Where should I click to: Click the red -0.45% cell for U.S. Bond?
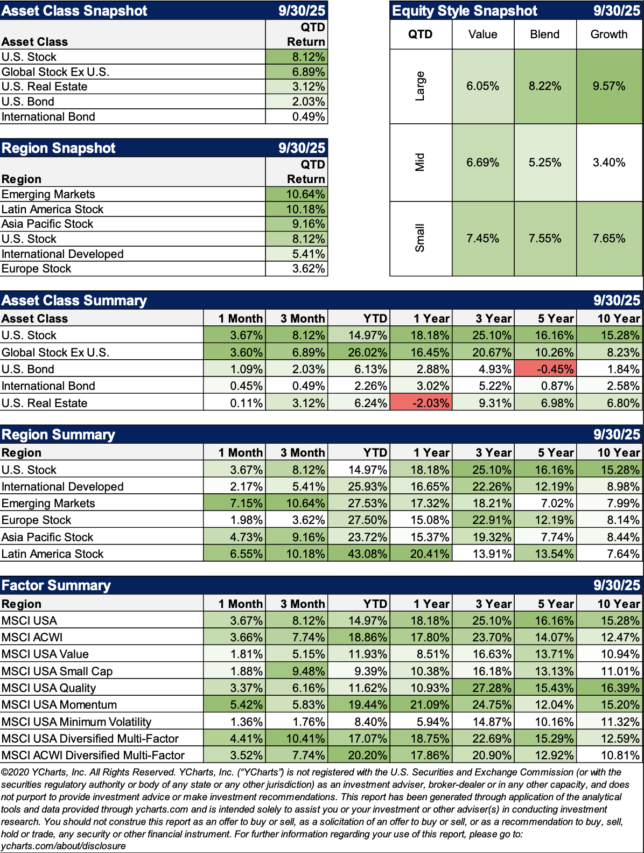(x=545, y=369)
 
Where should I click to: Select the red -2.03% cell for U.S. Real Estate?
(x=421, y=403)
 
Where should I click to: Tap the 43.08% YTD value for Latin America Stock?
(x=359, y=554)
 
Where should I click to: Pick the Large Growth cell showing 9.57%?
(x=609, y=86)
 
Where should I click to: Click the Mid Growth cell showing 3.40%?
(x=609, y=163)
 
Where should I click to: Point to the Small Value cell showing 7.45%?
(x=482, y=239)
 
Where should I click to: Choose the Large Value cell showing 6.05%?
(x=482, y=86)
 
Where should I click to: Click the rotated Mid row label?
(x=420, y=163)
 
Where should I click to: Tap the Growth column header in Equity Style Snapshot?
(x=609, y=34)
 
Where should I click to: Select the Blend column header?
(x=545, y=34)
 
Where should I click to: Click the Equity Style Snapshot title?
(x=465, y=11)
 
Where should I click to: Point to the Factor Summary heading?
(x=56, y=585)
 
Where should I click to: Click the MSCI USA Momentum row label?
(x=59, y=704)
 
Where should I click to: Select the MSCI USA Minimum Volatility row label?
(x=76, y=722)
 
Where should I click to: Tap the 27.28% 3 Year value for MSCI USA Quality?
(x=483, y=688)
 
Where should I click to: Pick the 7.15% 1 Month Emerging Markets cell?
(x=235, y=503)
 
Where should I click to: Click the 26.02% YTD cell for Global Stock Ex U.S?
(x=359, y=352)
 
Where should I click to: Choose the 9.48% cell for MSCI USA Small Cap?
(x=297, y=671)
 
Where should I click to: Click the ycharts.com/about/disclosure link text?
(x=64, y=846)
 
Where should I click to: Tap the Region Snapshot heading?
(x=59, y=148)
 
